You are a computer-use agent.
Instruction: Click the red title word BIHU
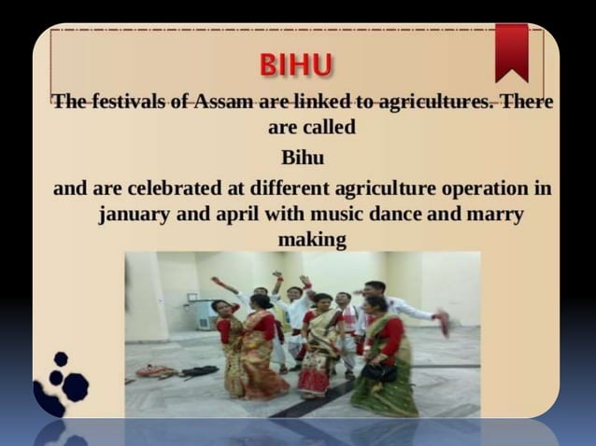click(297, 67)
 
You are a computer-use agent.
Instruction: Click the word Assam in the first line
click(225, 101)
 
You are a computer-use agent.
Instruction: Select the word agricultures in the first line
click(425, 101)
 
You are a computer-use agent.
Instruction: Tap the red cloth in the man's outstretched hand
click(442, 323)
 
